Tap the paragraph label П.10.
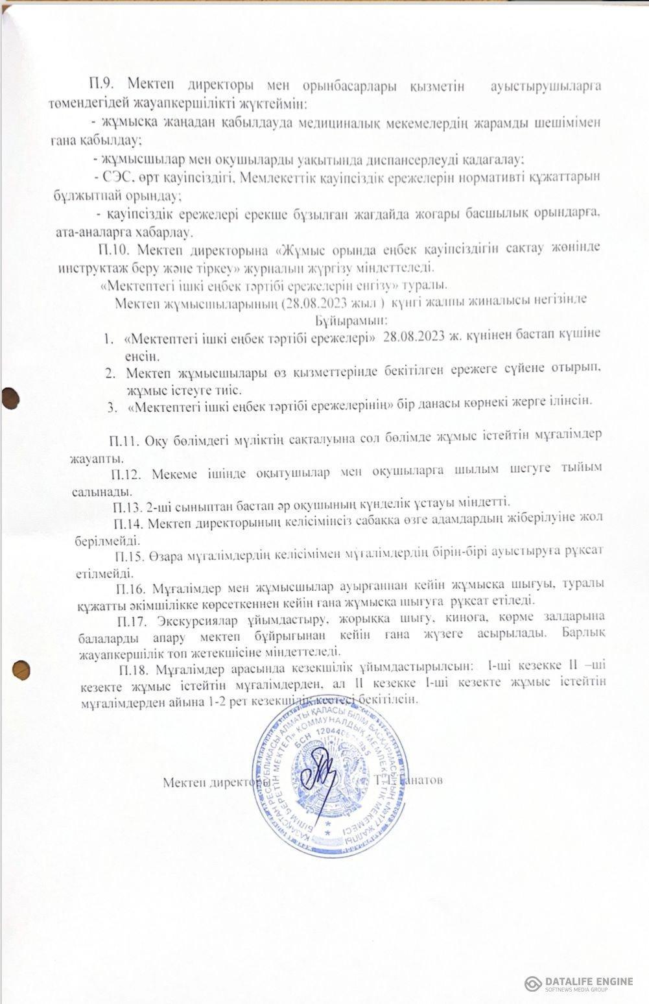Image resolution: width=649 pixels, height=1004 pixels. tap(114, 249)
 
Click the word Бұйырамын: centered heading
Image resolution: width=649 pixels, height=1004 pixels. tap(352, 320)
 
